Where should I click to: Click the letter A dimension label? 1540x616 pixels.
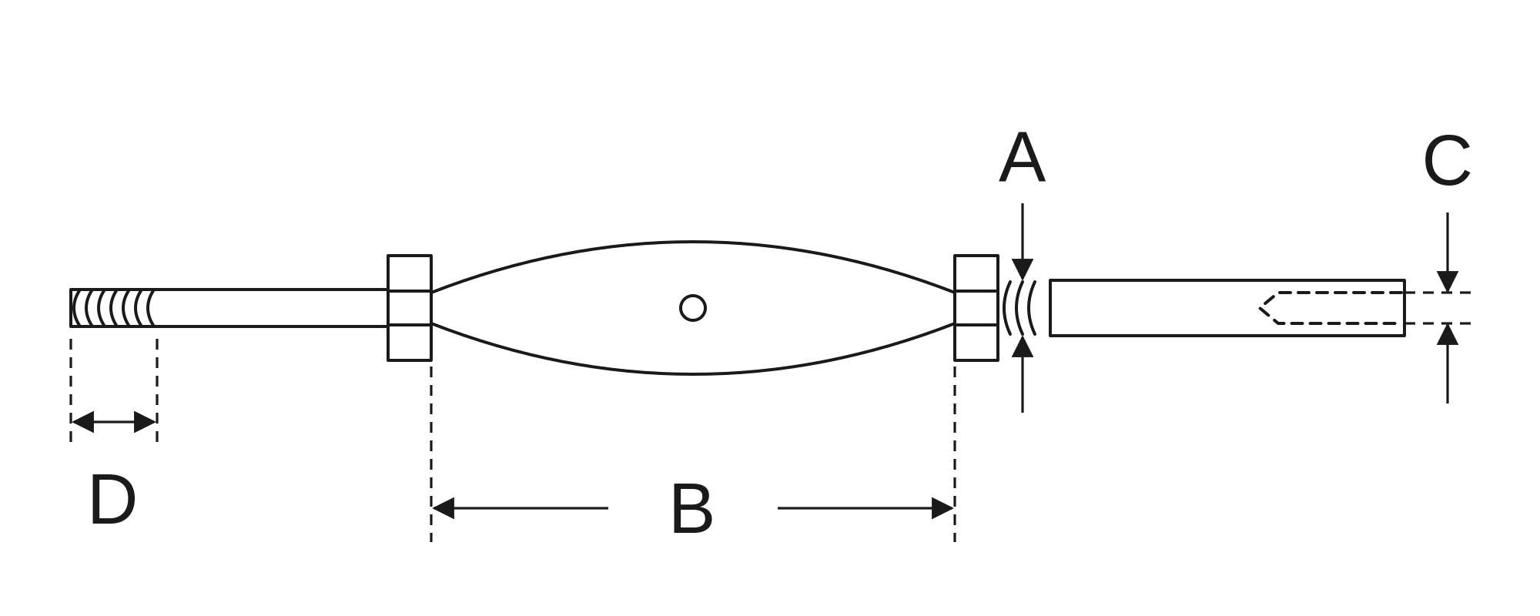pos(1022,159)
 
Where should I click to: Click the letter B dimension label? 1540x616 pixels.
pos(692,509)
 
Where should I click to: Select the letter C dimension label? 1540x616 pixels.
pos(1447,161)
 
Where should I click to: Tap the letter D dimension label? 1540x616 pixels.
pos(112,500)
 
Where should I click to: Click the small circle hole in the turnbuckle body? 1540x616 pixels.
pos(693,308)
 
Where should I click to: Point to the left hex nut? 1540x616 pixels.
pos(410,308)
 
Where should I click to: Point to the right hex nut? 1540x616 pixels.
pos(976,308)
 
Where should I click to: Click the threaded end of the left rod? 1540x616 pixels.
pos(113,308)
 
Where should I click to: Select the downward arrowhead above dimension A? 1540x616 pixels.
pos(1023,269)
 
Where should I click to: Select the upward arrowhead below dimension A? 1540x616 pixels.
pos(1023,346)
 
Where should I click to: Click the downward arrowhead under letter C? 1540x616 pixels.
pos(1448,282)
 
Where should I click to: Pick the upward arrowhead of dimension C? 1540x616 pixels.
pos(1448,334)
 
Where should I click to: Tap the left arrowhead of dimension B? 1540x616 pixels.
pos(444,508)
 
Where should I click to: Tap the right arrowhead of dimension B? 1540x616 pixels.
pos(942,508)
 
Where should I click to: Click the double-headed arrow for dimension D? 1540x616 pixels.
pos(114,422)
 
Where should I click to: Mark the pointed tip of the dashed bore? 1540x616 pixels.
pos(1260,308)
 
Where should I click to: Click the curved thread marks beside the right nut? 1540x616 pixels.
pos(1019,308)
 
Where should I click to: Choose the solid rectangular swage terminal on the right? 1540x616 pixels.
pos(1227,308)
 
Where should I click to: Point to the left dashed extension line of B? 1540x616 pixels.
pos(431,453)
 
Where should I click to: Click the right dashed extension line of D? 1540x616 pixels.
pos(157,390)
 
